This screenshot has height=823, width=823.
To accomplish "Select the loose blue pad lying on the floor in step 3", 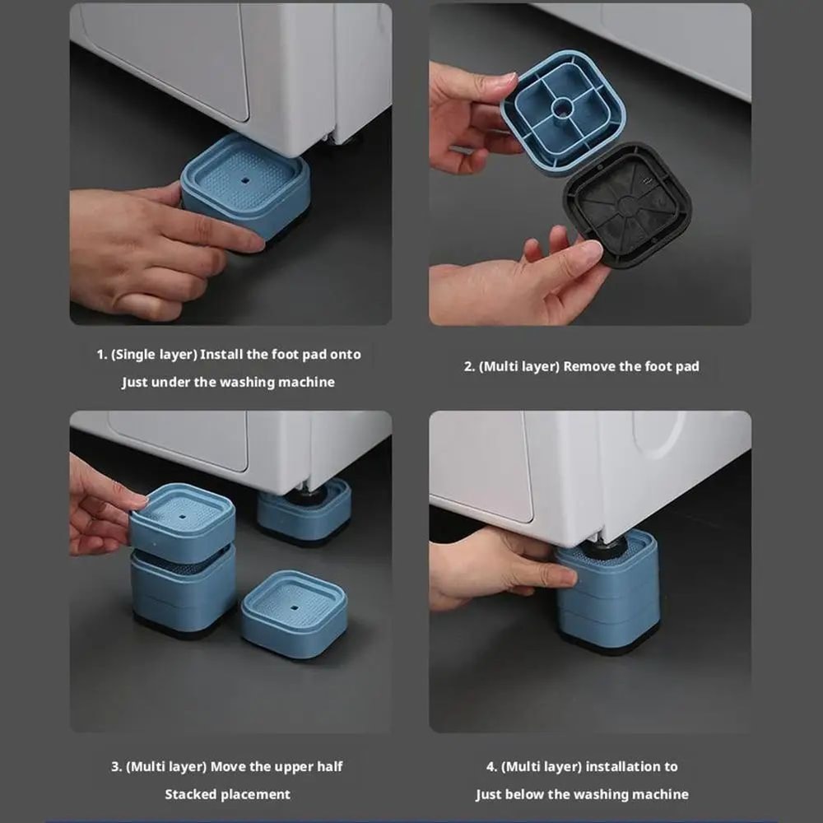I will [x=294, y=613].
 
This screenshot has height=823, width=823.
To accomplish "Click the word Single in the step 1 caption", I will [x=134, y=355].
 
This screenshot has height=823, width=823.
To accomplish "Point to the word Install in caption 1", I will [x=222, y=355].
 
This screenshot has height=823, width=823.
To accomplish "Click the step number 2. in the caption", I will [x=469, y=367].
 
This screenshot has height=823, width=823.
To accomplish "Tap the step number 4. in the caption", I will [x=491, y=767].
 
